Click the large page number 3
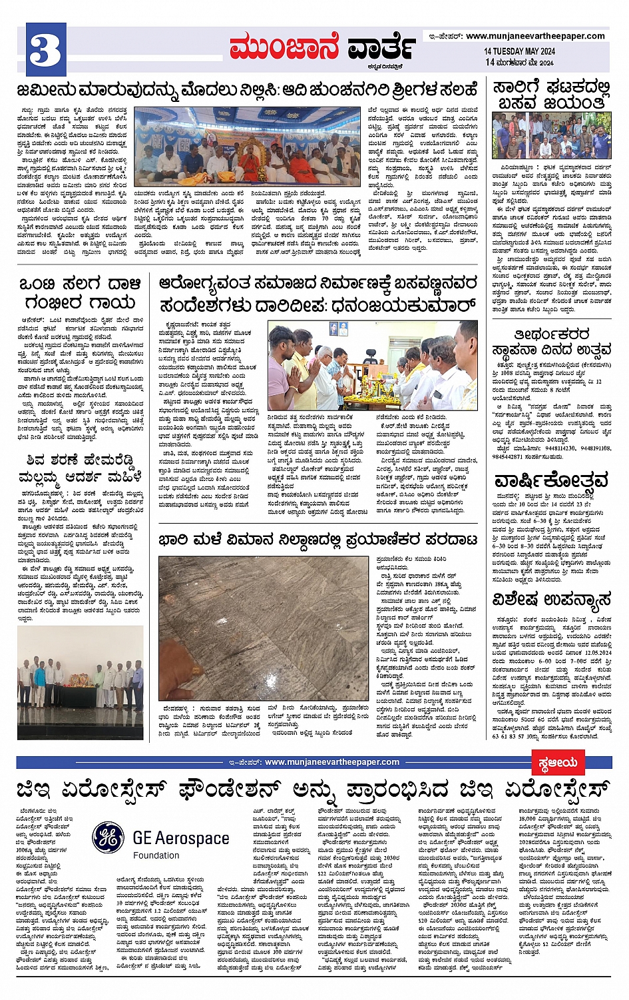[45, 50]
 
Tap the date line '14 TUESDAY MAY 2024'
[519, 51]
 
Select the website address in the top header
[535, 36]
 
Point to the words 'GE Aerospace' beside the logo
[181, 838]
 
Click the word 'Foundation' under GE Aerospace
[156, 855]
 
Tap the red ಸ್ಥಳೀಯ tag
[558, 762]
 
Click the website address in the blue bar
[331, 762]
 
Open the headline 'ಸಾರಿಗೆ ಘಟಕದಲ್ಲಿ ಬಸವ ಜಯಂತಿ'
[551, 95]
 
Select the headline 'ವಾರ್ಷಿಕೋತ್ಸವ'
[551, 480]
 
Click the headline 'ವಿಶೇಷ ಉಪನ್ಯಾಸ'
[551, 600]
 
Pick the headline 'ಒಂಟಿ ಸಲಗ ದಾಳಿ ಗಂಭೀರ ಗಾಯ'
[80, 293]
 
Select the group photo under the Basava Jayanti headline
[551, 135]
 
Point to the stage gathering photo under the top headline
[248, 146]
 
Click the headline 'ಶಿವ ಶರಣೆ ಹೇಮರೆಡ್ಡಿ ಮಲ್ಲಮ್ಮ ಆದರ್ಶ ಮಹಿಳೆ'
[80, 468]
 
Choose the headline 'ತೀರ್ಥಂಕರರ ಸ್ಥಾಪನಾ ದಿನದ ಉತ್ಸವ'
[551, 341]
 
